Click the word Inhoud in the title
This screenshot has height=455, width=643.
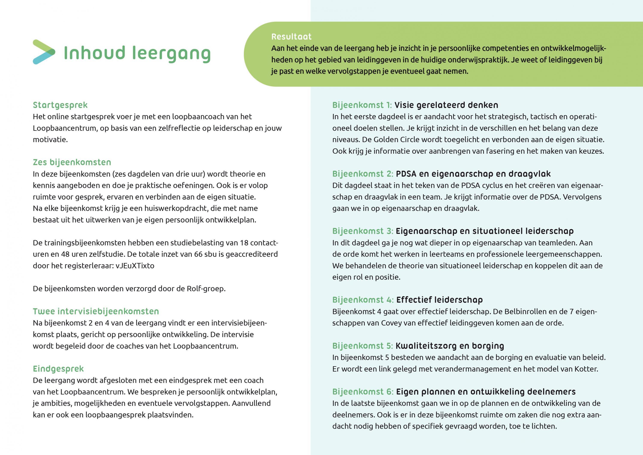(94, 53)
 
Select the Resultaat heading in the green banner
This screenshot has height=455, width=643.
(291, 37)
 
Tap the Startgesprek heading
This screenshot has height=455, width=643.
(60, 105)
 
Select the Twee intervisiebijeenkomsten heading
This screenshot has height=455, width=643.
(96, 311)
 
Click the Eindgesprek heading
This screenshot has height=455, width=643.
(58, 369)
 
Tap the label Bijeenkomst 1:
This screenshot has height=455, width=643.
(362, 105)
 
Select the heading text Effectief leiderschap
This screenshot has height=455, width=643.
(439, 300)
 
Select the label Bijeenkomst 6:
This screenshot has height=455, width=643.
(363, 392)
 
